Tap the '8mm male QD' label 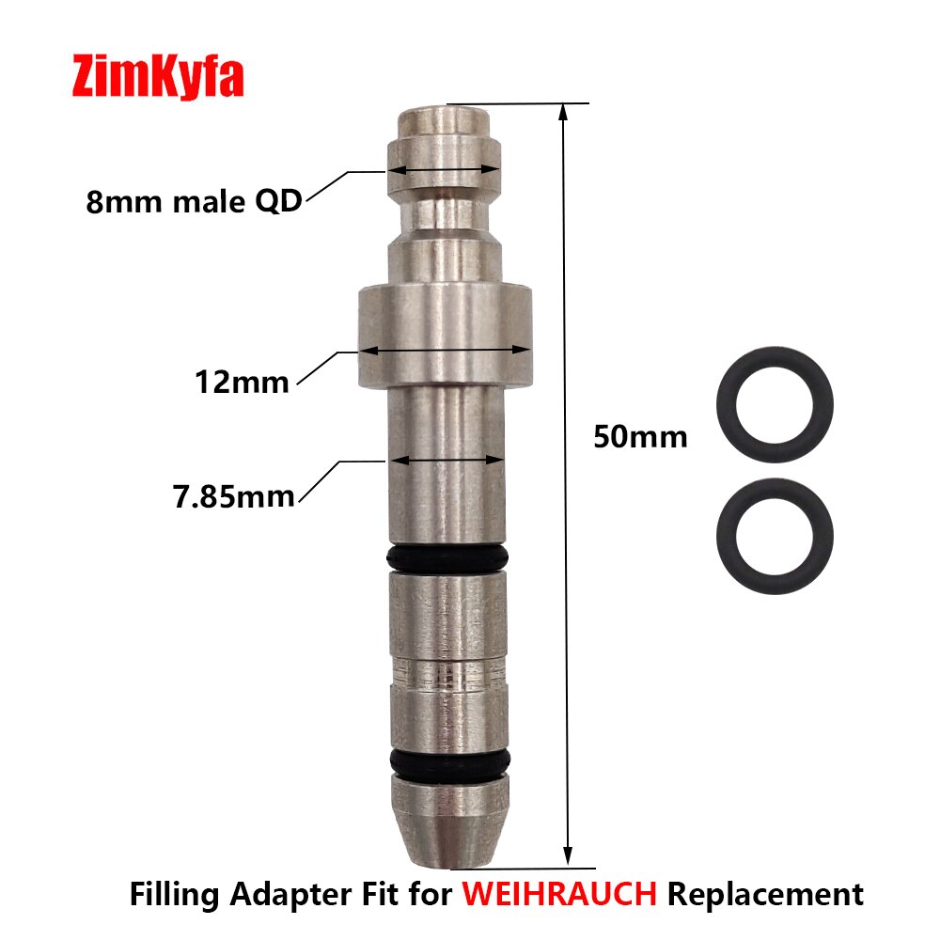click(x=194, y=201)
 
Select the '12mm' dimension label click(x=242, y=382)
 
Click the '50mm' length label click(x=640, y=437)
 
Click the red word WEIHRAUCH click(x=559, y=893)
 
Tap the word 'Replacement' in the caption click(x=765, y=893)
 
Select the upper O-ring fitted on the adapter click(x=446, y=559)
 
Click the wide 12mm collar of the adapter click(x=445, y=338)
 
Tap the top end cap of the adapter click(x=445, y=122)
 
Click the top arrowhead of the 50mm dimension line click(x=563, y=112)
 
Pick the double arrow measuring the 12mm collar click(x=446, y=350)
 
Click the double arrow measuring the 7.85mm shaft click(x=446, y=461)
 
